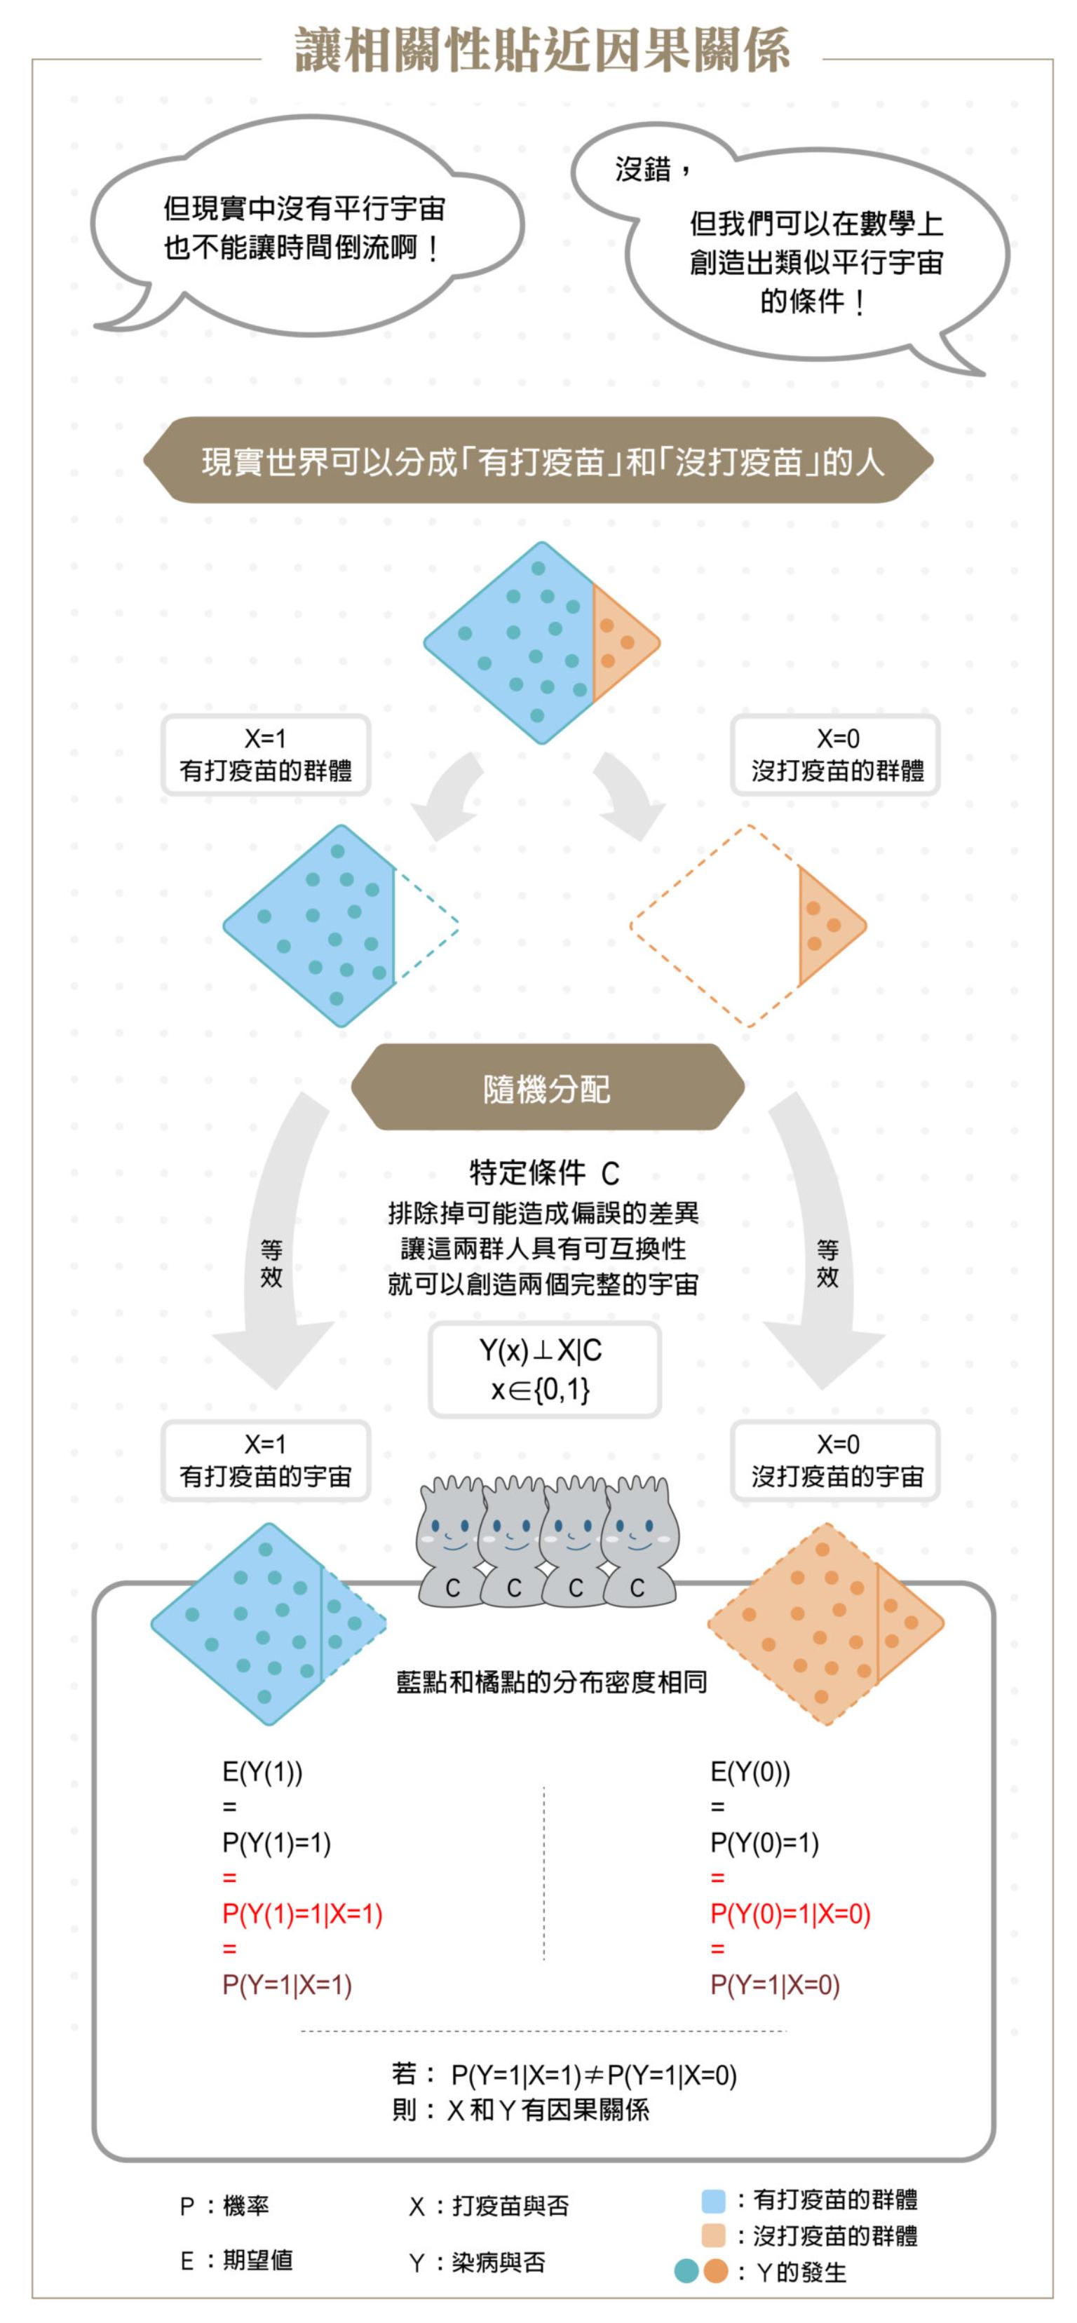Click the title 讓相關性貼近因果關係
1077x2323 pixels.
[542, 50]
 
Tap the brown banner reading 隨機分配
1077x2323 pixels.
[547, 1088]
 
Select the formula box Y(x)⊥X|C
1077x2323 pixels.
[544, 1369]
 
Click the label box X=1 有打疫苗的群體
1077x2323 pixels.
[265, 754]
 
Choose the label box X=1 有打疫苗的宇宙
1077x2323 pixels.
[265, 1461]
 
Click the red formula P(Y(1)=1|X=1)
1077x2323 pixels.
[303, 1914]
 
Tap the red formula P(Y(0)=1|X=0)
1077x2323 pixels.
[790, 1914]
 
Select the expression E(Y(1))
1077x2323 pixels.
[262, 1772]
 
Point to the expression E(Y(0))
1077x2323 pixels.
[750, 1772]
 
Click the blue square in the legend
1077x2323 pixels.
[712, 2200]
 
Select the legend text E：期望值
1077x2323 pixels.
[236, 2260]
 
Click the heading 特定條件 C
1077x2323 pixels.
[544, 1173]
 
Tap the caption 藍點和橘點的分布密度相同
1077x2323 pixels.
[551, 1681]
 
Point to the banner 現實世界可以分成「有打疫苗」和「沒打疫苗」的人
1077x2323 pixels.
[541, 461]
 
